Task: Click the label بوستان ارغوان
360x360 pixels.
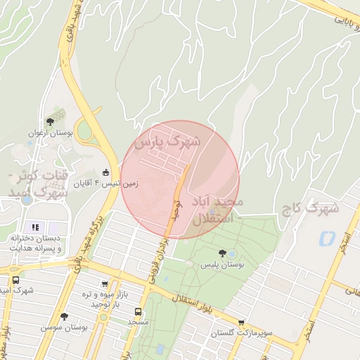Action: click(51, 133)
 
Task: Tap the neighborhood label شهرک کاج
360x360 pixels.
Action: click(310, 209)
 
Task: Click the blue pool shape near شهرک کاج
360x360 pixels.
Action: click(326, 238)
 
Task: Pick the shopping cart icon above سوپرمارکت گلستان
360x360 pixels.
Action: click(242, 321)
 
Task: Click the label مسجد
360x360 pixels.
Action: click(138, 321)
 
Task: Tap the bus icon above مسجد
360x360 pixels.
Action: click(138, 311)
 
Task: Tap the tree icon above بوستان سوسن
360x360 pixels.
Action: click(64, 316)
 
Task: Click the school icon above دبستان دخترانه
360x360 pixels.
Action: click(35, 227)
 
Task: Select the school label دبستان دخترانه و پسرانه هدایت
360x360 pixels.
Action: click(35, 243)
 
